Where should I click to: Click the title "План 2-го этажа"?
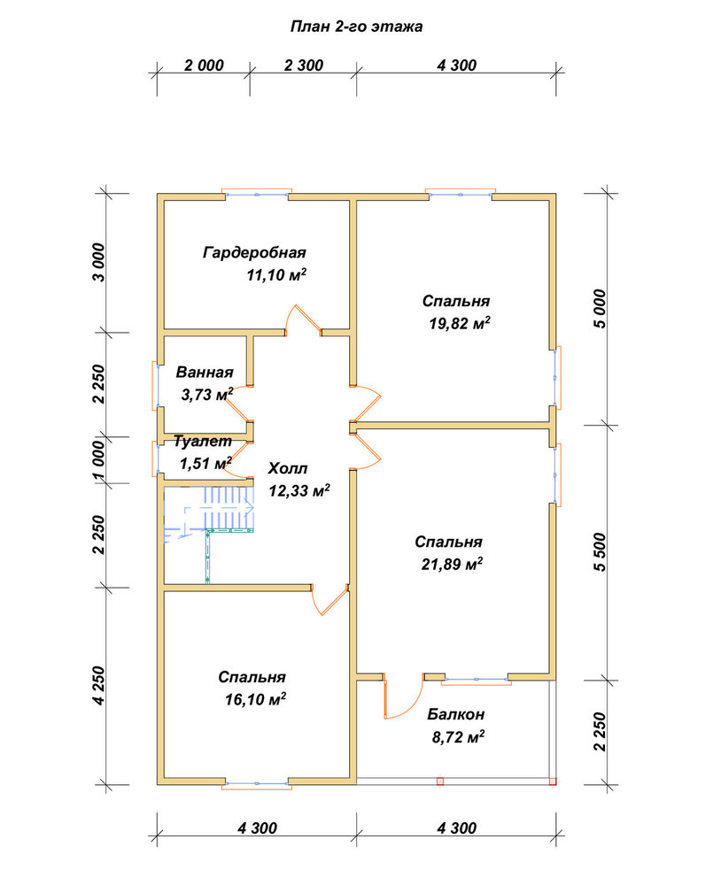coord(356,27)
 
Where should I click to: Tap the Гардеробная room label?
coord(254,252)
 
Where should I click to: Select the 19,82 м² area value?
coord(460,323)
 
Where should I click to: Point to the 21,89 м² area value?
coord(452,564)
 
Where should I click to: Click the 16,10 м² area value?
coord(255,699)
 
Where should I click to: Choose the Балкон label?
coord(455,714)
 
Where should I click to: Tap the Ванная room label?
coord(205,372)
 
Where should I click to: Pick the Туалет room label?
coord(202,441)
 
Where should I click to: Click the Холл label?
coord(288,468)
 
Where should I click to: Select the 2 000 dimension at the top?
coord(204,65)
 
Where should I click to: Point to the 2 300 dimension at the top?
coord(304,65)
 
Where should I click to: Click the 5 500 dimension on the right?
coord(600,552)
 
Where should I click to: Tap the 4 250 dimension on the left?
coord(99,685)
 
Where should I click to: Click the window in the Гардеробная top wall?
coord(257,194)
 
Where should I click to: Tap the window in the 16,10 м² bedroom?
coord(257,783)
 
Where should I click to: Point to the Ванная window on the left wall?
coord(157,386)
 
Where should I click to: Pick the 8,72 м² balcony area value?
coord(459,737)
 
